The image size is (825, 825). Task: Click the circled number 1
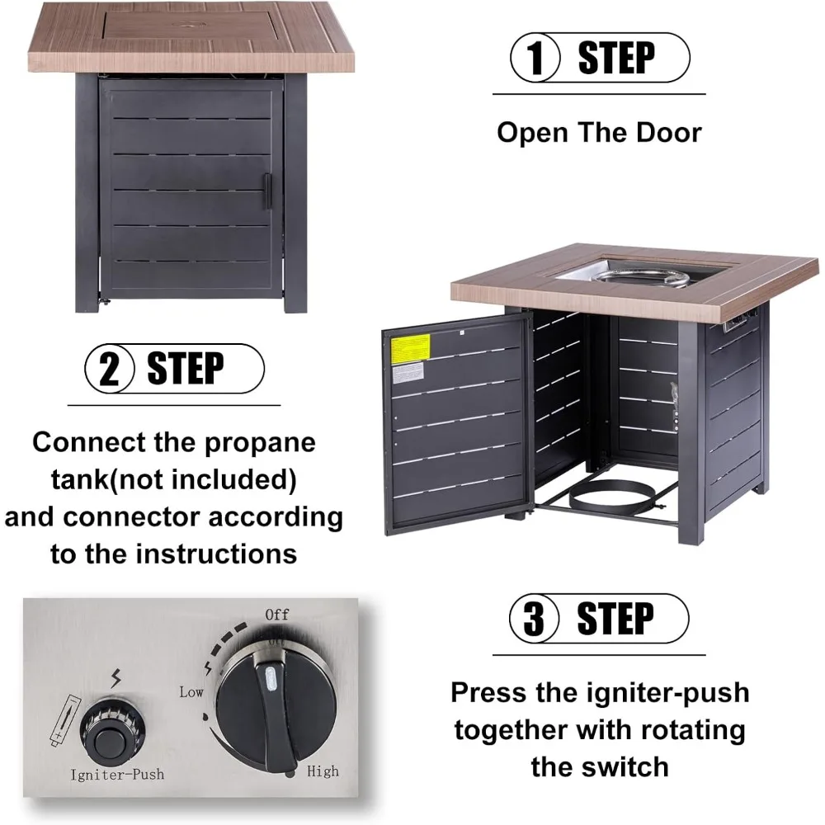537,59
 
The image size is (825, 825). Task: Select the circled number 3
535,618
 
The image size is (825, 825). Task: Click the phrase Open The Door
599,132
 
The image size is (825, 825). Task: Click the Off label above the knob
277,615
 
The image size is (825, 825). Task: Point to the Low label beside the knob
191,692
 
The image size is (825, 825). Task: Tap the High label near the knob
323,771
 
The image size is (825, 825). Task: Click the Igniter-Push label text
117,775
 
